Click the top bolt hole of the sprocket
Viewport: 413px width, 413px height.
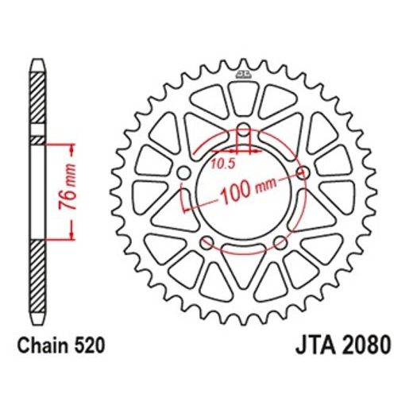[243, 132]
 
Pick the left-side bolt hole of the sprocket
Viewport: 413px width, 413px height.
[184, 173]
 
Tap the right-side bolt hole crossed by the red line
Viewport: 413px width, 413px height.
[301, 172]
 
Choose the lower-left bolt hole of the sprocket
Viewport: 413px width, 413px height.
[207, 242]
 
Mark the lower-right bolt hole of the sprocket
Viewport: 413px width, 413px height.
[279, 242]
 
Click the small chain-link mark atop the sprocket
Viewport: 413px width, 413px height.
[243, 75]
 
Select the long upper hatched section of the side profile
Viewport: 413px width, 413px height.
[37, 99]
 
